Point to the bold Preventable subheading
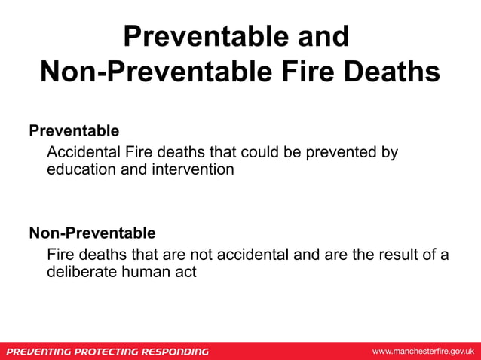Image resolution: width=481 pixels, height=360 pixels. point(74,130)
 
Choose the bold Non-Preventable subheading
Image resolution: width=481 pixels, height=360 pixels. point(92,232)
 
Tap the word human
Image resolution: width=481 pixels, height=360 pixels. point(145,272)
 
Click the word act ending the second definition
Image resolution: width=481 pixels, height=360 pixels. point(185,272)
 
